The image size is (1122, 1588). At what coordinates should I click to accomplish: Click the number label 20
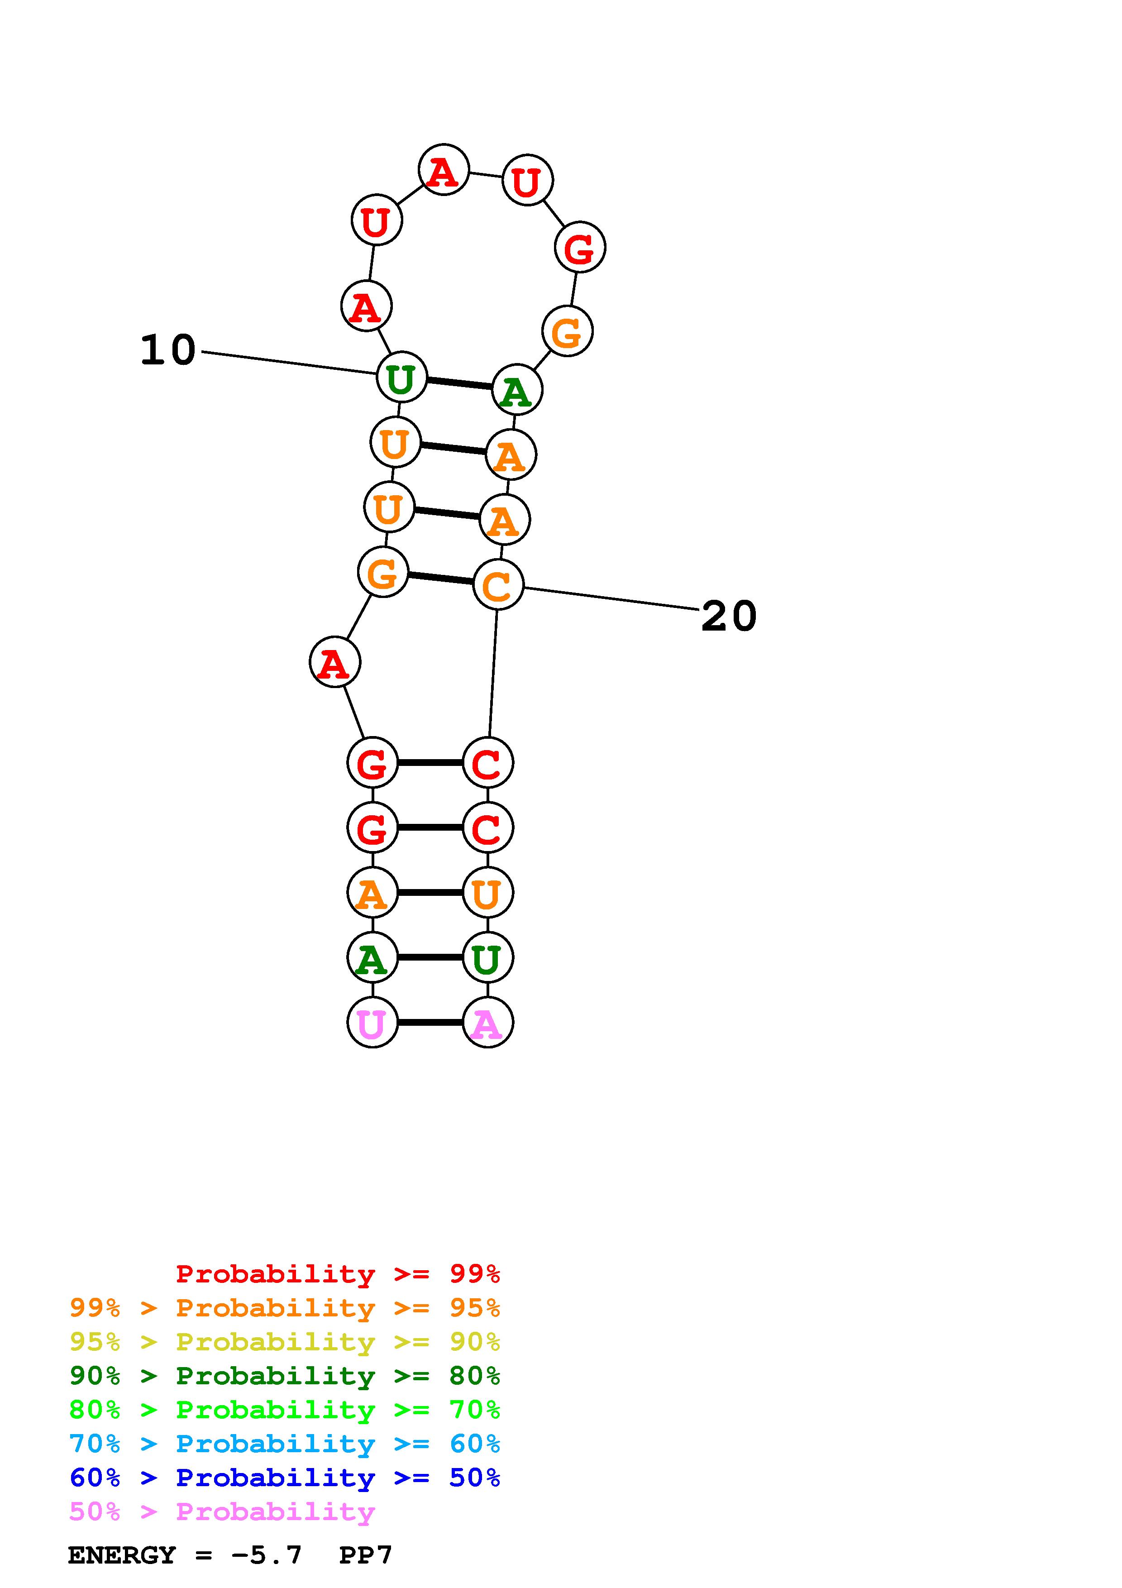click(729, 616)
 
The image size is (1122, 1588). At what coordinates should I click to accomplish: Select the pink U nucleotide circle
click(372, 1022)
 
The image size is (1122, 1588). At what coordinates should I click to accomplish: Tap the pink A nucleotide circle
click(487, 1022)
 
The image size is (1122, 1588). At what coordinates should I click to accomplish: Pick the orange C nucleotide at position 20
click(498, 585)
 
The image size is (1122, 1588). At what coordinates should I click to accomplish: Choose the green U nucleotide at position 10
click(401, 377)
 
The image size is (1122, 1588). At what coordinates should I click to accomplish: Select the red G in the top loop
click(579, 247)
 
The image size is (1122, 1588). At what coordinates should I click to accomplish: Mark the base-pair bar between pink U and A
click(430, 1022)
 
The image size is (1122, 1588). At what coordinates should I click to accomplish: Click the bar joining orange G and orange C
click(440, 578)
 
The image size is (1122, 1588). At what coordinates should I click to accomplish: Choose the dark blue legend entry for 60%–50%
click(284, 1478)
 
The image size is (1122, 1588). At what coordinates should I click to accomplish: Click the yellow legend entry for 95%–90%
click(284, 1342)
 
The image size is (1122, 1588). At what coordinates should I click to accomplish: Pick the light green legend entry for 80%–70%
click(284, 1410)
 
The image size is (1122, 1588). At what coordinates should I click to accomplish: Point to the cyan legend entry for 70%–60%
click(284, 1444)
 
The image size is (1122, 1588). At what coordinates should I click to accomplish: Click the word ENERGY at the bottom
click(122, 1555)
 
